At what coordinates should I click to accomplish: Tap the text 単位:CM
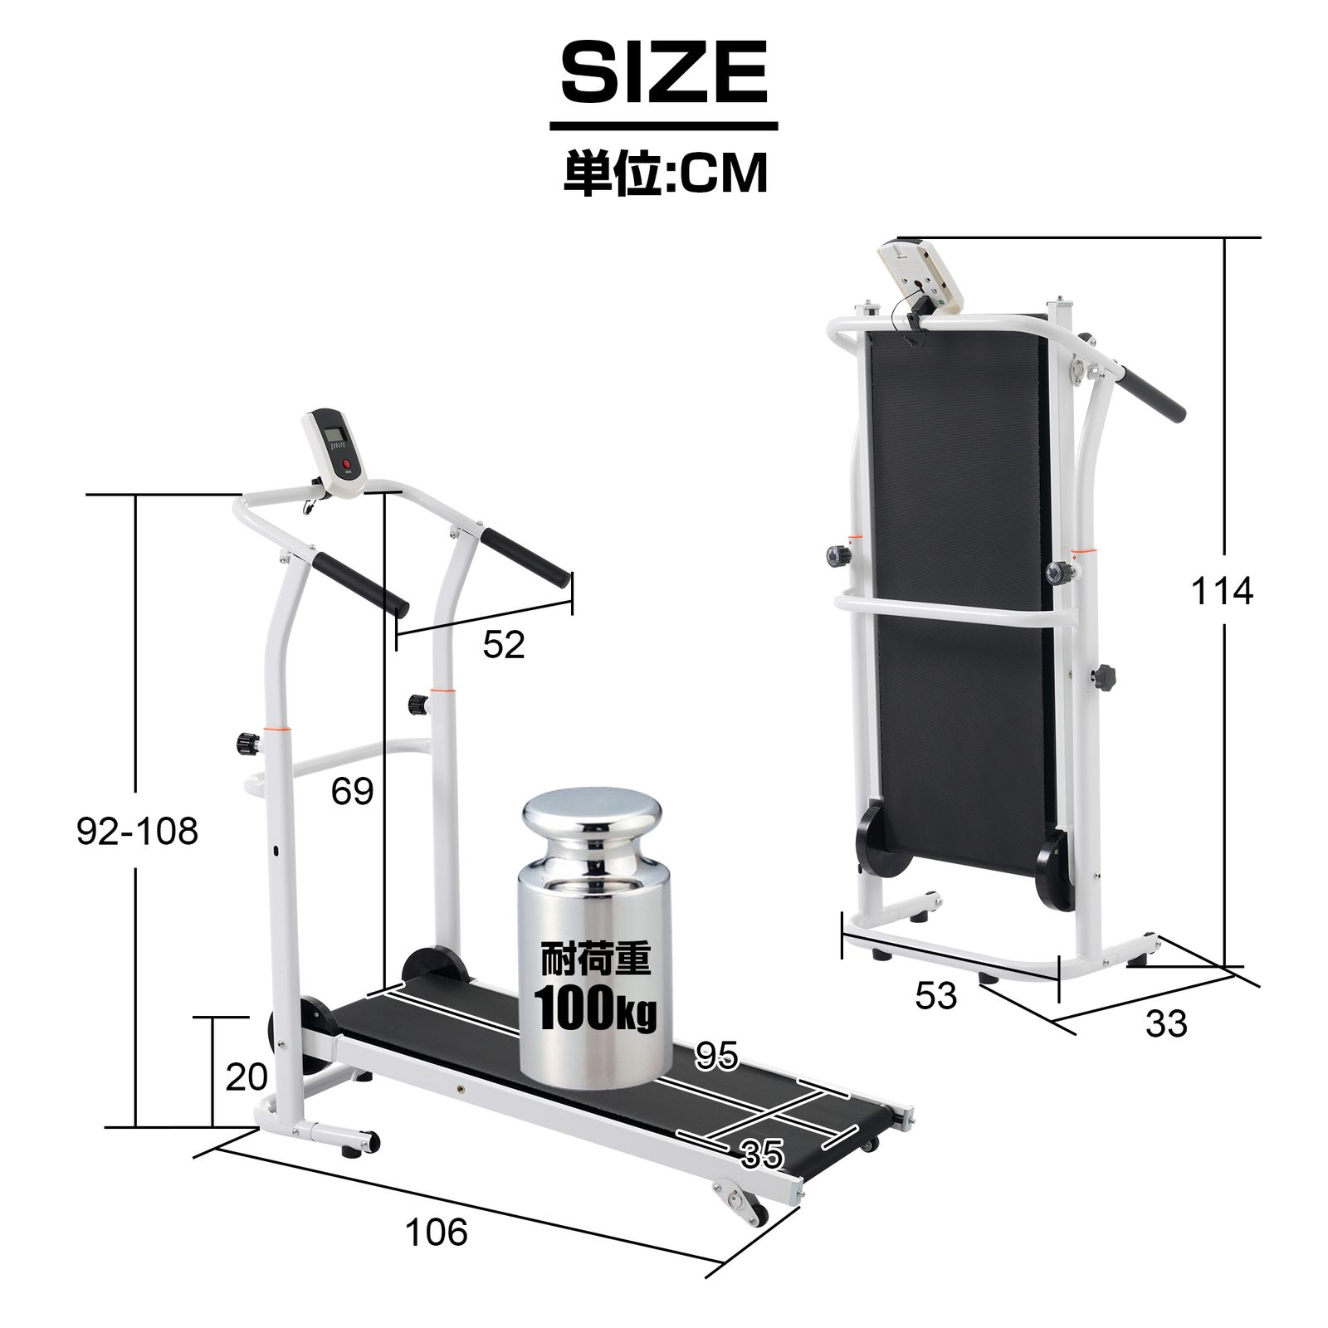[x=666, y=173]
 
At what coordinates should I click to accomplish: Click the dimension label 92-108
[x=138, y=831]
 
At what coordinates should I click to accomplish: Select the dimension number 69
[x=352, y=792]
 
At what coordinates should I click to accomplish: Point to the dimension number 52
[x=504, y=645]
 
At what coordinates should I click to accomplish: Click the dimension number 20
[x=247, y=1077]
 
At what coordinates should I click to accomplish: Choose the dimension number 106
[x=437, y=1233]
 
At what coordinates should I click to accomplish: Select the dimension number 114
[x=1222, y=592]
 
